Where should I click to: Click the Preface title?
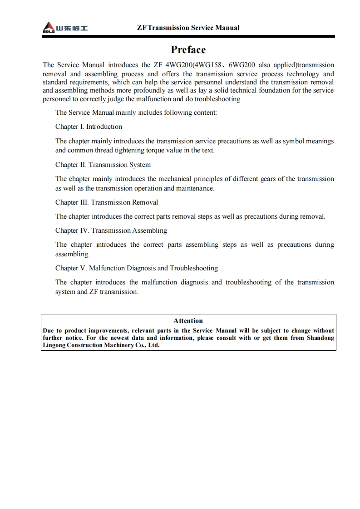click(188, 49)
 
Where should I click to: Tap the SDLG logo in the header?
click(65, 28)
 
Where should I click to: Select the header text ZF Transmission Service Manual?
click(188, 28)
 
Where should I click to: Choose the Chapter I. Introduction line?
click(89, 127)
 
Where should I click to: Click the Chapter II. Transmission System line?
click(103, 165)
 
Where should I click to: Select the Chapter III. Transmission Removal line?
click(107, 202)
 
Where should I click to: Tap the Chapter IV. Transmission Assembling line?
click(111, 230)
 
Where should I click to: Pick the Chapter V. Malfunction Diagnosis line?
click(137, 268)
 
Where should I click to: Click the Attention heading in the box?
click(188, 321)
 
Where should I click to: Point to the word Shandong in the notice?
click(320, 338)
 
